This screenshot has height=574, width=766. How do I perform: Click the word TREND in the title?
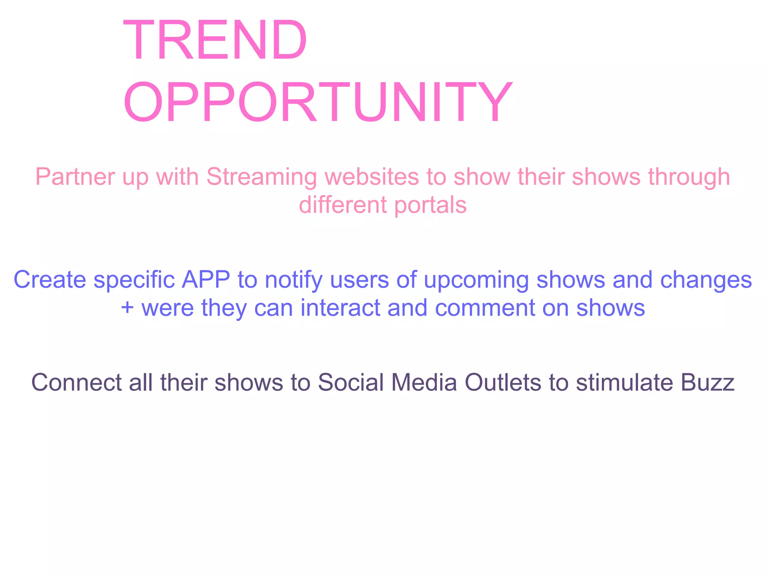coord(215,40)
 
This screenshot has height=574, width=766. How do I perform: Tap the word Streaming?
coord(261,177)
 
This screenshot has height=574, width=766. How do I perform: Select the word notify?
coord(293,280)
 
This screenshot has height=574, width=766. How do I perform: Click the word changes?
coord(706,280)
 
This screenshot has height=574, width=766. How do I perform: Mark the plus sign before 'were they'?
coord(127,308)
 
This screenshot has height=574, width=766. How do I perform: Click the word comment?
coord(485,308)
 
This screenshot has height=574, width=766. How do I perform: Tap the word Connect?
coord(76,382)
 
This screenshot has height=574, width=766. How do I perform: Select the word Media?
coord(424,382)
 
